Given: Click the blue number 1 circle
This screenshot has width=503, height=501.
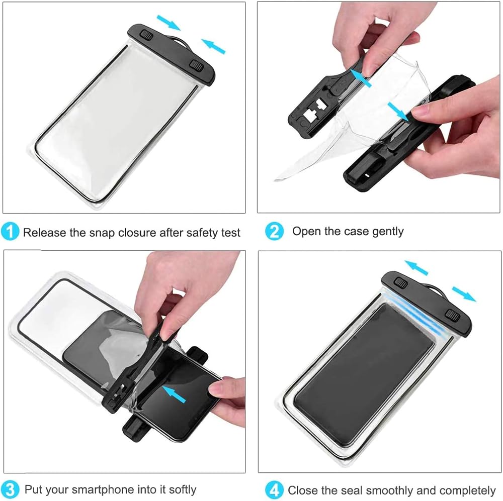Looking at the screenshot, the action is pyautogui.click(x=10, y=232).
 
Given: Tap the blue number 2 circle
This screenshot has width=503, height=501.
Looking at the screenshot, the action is pyautogui.click(x=274, y=231).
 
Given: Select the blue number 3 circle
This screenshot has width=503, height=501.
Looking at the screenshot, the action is pyautogui.click(x=10, y=490).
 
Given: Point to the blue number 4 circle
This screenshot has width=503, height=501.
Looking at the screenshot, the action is pyautogui.click(x=274, y=490).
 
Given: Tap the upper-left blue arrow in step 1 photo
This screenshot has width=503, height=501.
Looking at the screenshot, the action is pyautogui.click(x=169, y=23).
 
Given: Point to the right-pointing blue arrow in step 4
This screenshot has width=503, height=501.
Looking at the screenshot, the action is pyautogui.click(x=464, y=294).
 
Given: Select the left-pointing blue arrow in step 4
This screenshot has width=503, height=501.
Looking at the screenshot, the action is pyautogui.click(x=416, y=268).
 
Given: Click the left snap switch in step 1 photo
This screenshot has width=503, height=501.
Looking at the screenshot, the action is pyautogui.click(x=147, y=35).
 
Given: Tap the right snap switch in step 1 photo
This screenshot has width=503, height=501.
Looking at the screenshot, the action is pyautogui.click(x=196, y=66).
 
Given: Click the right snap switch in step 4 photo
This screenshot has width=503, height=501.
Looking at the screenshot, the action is pyautogui.click(x=453, y=316).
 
